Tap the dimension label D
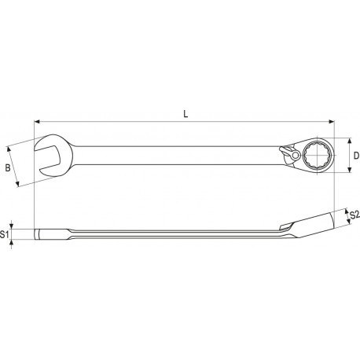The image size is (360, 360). [x=355, y=156]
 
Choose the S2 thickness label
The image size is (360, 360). [x=354, y=215]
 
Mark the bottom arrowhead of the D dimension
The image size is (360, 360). [x=347, y=170]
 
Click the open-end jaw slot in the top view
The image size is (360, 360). [x=46, y=156]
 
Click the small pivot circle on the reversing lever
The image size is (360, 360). [x=292, y=156]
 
